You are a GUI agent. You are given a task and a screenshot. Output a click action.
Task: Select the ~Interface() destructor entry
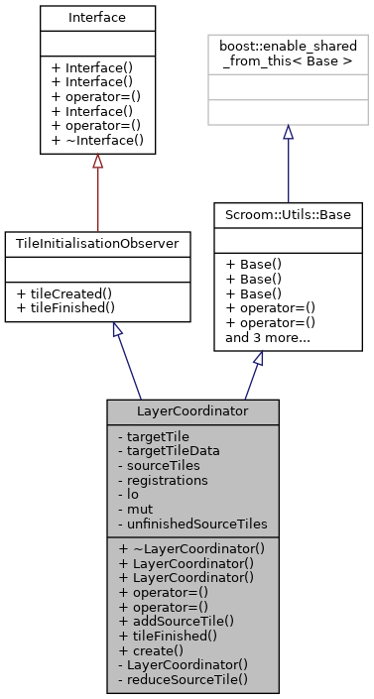coord(96,141)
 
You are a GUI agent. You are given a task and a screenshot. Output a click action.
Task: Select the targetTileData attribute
coord(170,449)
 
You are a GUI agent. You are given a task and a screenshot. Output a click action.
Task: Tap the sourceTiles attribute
coord(159,464)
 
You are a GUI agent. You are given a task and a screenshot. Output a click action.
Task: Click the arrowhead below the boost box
coord(287,133)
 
